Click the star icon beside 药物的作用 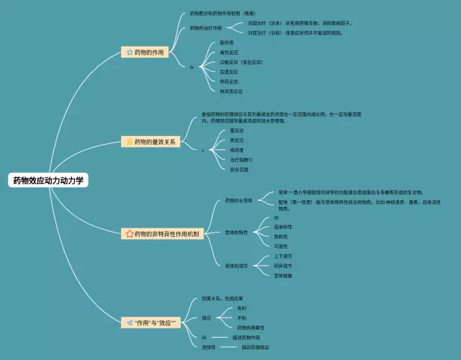coord(129,53)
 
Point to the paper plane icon coord(129,323)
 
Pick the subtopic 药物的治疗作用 coord(206,28)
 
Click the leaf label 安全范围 coord(239,169)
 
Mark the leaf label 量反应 coord(237,130)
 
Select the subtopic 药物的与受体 coord(238,199)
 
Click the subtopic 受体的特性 coord(236,233)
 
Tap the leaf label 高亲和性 coord(283,226)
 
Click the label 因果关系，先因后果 coord(223,298)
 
